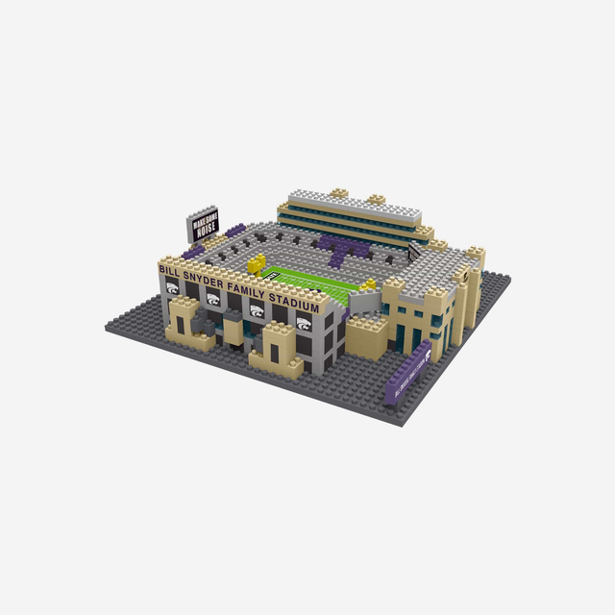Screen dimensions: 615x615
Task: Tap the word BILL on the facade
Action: click(170, 273)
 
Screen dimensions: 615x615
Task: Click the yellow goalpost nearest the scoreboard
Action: click(257, 262)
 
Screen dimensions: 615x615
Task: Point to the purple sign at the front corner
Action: click(406, 377)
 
